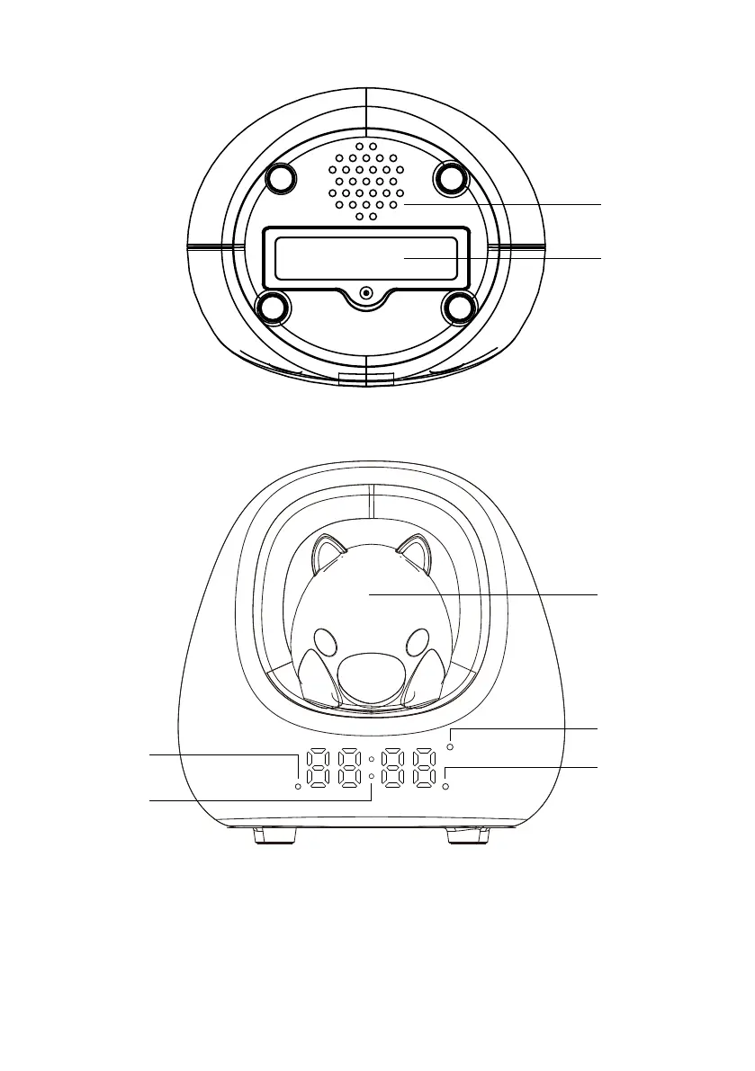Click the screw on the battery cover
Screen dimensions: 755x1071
(x=366, y=294)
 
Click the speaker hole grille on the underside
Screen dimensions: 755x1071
(x=366, y=181)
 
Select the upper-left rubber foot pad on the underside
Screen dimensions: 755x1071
(x=281, y=178)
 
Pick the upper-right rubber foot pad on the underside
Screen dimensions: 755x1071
(x=452, y=178)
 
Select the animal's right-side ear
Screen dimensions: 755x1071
(x=413, y=551)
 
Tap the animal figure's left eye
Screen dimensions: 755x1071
(x=326, y=644)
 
